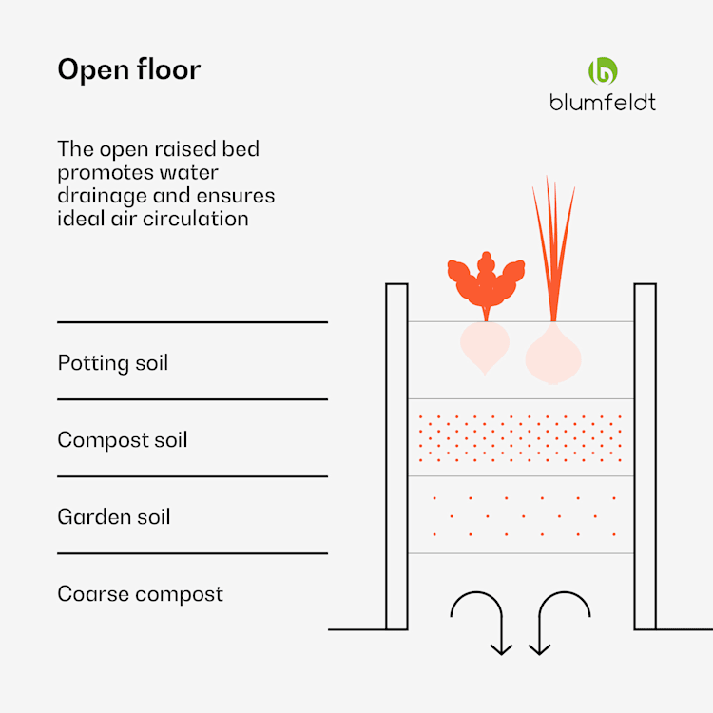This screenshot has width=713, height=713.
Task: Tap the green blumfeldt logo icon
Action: pos(603,71)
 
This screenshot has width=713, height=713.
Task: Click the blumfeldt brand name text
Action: pos(603,102)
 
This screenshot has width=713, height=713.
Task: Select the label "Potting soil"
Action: pos(112,363)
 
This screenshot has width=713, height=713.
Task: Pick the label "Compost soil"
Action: pos(122,440)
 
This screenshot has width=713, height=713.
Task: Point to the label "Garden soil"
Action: pos(114,517)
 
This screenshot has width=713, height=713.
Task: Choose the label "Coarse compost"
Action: pos(140,594)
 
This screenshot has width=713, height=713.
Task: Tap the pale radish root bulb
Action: pos(485,346)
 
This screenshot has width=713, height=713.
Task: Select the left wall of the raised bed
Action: pos(396,456)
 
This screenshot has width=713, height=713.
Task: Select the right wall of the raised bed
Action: pos(645,456)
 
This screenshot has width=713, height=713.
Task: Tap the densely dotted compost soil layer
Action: pos(520,437)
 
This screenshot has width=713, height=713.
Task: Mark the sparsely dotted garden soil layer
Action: pos(520,514)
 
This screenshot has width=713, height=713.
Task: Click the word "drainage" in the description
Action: pos(101,197)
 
